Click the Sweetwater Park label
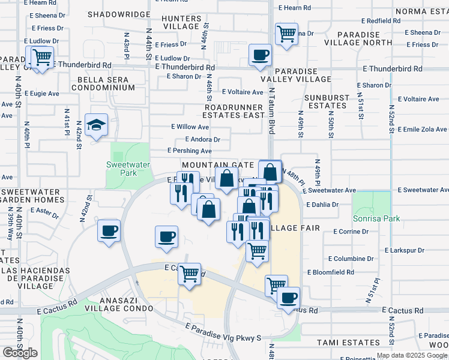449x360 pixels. (122, 169)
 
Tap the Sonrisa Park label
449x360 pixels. (376, 219)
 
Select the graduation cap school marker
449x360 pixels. (96, 125)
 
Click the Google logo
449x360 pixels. (20, 353)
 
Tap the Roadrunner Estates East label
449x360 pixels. (234, 110)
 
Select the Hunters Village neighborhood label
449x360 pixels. (181, 22)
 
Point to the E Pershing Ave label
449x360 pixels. (190, 151)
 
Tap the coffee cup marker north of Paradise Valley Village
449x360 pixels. (260, 56)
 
